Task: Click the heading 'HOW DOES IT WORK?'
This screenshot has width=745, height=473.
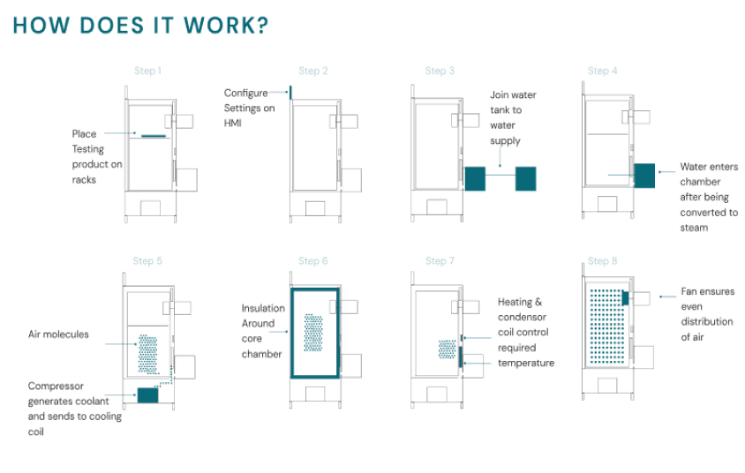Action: coord(141,25)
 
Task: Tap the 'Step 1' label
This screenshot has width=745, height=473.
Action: coord(147,71)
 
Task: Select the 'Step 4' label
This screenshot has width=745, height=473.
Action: coord(604,71)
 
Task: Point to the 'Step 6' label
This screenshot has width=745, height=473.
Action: coord(313,261)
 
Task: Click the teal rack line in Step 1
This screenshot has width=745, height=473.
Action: coord(154,136)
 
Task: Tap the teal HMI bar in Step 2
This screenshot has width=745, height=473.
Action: coord(290,92)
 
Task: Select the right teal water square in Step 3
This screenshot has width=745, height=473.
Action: coord(525,178)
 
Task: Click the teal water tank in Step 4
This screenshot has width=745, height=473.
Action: coord(643,175)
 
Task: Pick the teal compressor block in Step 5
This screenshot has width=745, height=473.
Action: coord(147,395)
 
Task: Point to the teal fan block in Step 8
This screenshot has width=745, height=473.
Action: coord(625,298)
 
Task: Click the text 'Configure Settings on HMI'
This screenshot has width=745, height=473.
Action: coord(249,108)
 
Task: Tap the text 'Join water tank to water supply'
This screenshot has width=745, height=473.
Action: coord(513,117)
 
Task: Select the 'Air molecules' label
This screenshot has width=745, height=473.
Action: coord(58,334)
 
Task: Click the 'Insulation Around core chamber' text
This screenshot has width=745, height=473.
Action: coord(263,331)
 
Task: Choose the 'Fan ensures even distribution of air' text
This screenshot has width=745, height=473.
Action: coord(707,314)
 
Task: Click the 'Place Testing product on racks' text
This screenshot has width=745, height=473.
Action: coord(97,156)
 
